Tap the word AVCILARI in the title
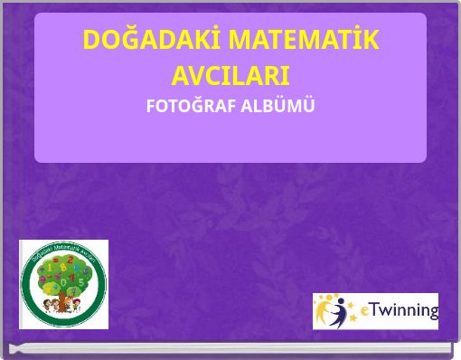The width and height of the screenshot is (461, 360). pyautogui.click(x=230, y=75)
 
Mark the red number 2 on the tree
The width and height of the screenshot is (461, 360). pyautogui.click(x=71, y=261)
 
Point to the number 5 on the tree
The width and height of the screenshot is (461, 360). pyautogui.click(x=81, y=282)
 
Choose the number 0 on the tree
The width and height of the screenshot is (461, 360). pyautogui.click(x=63, y=282)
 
